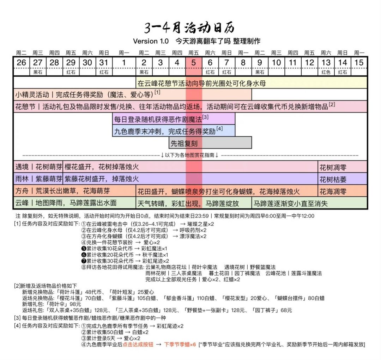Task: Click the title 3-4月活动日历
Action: (x=189, y=28)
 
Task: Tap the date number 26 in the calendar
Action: (x=21, y=63)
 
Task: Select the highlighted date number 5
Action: (x=194, y=63)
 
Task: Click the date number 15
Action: (x=358, y=63)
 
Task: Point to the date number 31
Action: (x=104, y=63)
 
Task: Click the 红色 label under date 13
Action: (x=326, y=72)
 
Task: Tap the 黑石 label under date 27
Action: (x=38, y=72)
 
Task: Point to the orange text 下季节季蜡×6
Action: (x=180, y=344)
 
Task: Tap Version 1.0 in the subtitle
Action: (x=151, y=41)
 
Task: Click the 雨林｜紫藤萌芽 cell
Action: (x=38, y=179)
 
